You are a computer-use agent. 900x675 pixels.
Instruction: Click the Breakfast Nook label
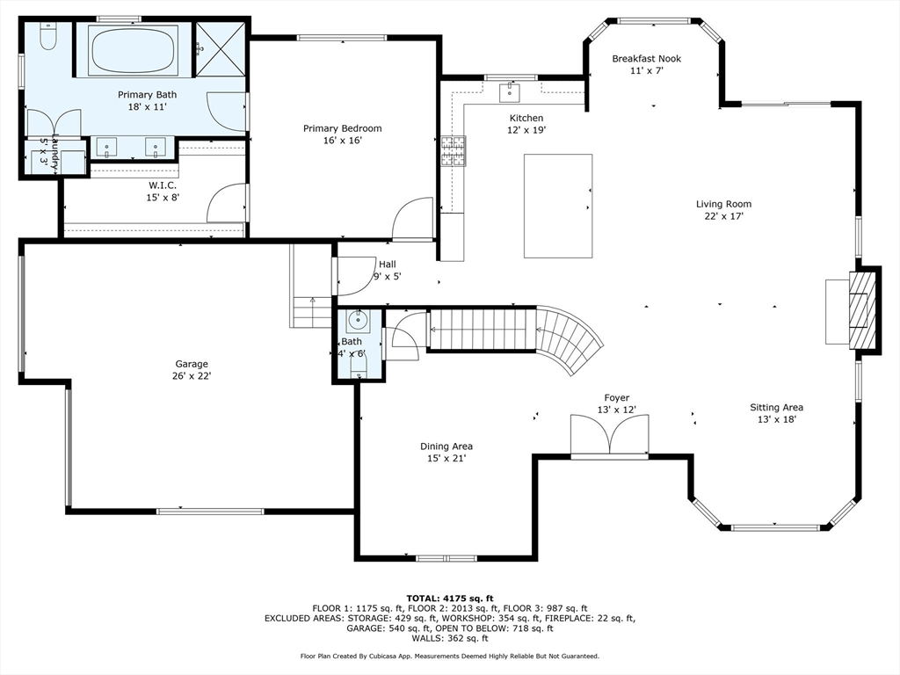[646, 59]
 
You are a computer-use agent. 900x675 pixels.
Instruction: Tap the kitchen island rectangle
[558, 206]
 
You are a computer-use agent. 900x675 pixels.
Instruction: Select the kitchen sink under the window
[510, 92]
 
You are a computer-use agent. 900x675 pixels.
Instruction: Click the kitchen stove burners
[454, 151]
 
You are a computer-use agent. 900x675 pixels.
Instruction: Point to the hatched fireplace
[863, 310]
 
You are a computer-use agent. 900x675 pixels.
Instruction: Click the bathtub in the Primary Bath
[134, 50]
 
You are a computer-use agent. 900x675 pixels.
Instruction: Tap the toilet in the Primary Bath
[47, 37]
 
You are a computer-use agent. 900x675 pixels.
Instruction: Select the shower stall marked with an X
[221, 49]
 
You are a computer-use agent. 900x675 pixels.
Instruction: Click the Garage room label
[192, 364]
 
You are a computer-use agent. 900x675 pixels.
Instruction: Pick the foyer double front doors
[610, 434]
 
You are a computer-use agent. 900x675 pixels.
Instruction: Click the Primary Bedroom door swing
[412, 219]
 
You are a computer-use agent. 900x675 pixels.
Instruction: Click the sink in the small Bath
[359, 320]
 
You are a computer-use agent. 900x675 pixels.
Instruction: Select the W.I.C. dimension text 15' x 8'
[163, 198]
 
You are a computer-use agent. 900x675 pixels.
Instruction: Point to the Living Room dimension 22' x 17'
[724, 216]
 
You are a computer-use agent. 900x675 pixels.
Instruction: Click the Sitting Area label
[777, 408]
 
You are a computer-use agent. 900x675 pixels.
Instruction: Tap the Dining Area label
[446, 446]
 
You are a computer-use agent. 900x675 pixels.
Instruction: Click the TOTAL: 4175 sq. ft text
[450, 599]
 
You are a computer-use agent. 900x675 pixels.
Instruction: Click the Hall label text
[388, 265]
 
